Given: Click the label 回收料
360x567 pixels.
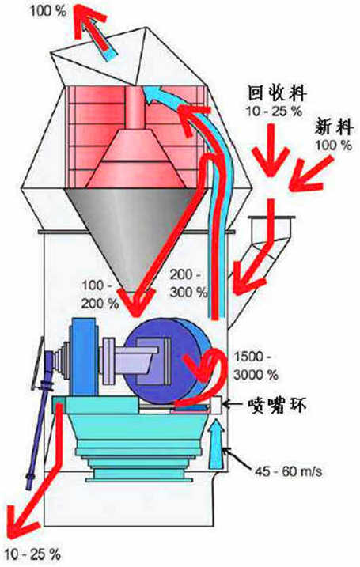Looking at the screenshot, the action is [x=277, y=93].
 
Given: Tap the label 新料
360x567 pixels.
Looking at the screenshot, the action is [x=334, y=127].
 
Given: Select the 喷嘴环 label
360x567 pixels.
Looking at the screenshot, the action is [x=277, y=405].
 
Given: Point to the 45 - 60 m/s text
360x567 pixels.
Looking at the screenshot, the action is [x=288, y=471].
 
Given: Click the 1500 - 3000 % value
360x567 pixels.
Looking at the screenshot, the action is [x=256, y=365].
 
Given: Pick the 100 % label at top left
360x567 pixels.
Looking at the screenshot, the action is [x=48, y=10].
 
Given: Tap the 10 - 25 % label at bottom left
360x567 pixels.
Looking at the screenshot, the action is [x=34, y=554].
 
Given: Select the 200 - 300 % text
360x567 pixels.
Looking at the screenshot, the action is [x=188, y=283].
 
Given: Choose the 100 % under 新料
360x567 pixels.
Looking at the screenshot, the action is [x=333, y=146].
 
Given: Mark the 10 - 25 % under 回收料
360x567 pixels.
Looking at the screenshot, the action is [x=275, y=111].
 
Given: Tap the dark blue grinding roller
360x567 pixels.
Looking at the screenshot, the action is [x=163, y=361].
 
